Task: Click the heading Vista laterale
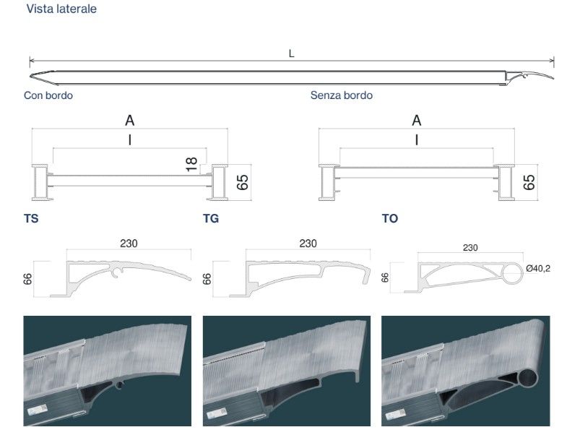coord(61,9)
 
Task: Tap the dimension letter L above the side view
coord(292,54)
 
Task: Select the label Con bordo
coord(48,95)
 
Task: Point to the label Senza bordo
coord(342,95)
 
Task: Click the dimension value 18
coord(191,165)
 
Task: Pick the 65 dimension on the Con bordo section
coord(242,182)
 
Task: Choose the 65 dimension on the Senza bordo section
coord(529,182)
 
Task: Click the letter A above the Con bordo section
coord(130,121)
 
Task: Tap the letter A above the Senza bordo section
coord(417,121)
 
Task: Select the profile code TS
coord(31,219)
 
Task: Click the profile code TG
coord(211,219)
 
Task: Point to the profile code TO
coord(390,219)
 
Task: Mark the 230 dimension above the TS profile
coord(129,244)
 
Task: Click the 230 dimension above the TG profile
coord(308,244)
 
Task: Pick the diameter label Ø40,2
coord(538,269)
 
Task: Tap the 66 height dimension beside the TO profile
coord(385,277)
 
